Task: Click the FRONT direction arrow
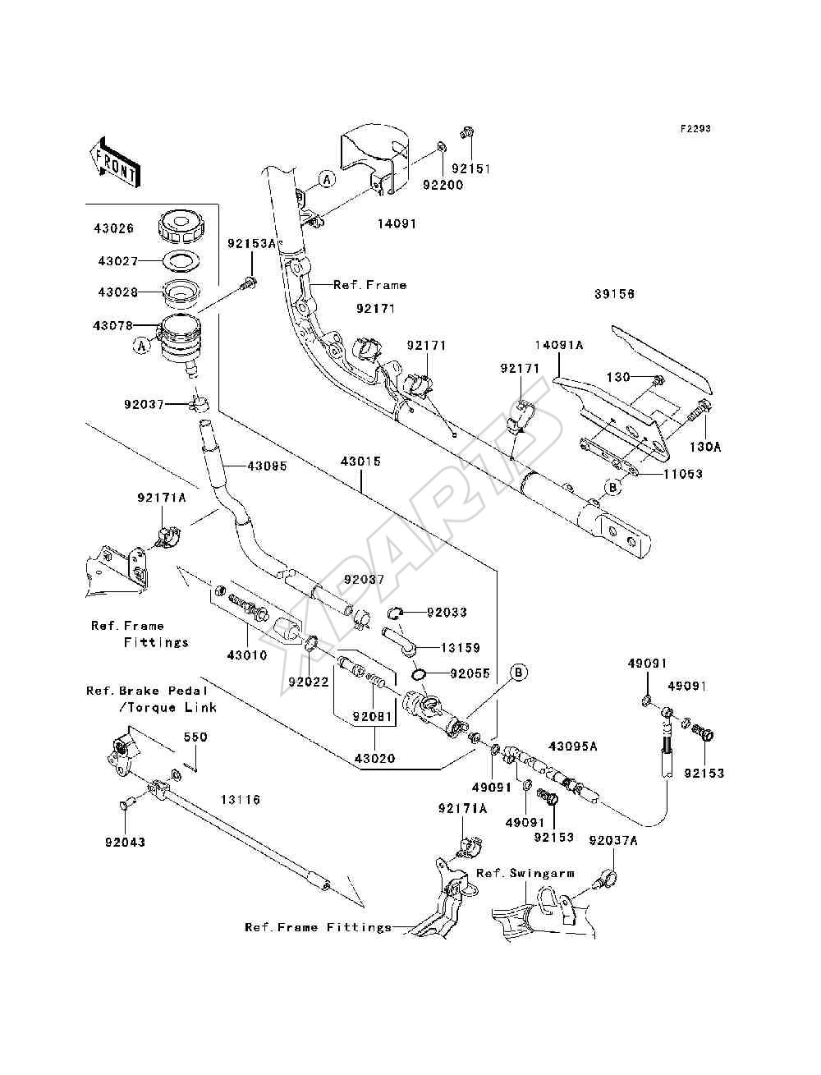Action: (115, 162)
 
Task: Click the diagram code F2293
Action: (695, 129)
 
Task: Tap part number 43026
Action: (113, 228)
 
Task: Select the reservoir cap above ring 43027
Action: (181, 226)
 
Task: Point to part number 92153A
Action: (251, 243)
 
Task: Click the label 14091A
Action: (559, 345)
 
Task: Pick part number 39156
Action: (614, 294)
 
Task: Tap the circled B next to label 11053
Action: (612, 488)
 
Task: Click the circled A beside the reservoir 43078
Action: (141, 346)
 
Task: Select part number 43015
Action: (360, 462)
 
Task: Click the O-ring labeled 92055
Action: (418, 675)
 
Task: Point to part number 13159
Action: (461, 648)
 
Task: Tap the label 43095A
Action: (573, 747)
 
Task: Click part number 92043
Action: (125, 842)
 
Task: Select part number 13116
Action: (240, 800)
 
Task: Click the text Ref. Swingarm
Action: (525, 873)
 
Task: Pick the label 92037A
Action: (613, 840)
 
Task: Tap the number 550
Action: (195, 737)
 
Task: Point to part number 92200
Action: (443, 185)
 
